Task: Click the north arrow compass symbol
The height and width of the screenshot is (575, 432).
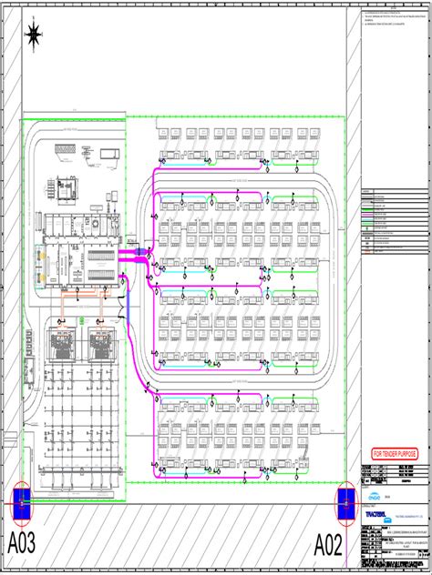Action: coord(34,35)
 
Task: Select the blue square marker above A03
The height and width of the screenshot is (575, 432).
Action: coord(21,502)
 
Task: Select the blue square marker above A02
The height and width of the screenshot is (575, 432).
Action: coord(345,502)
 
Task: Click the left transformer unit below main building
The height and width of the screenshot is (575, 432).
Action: coord(62,345)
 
